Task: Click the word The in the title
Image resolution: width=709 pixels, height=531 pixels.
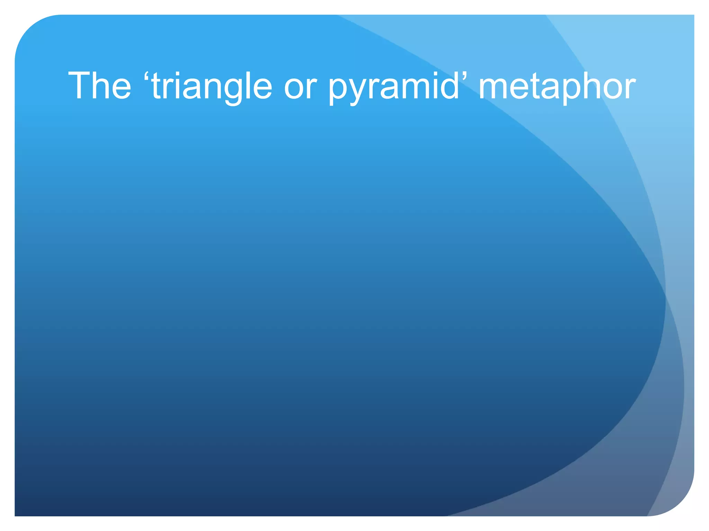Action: coord(100,85)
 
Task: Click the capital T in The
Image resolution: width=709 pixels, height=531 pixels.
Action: coord(80,85)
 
